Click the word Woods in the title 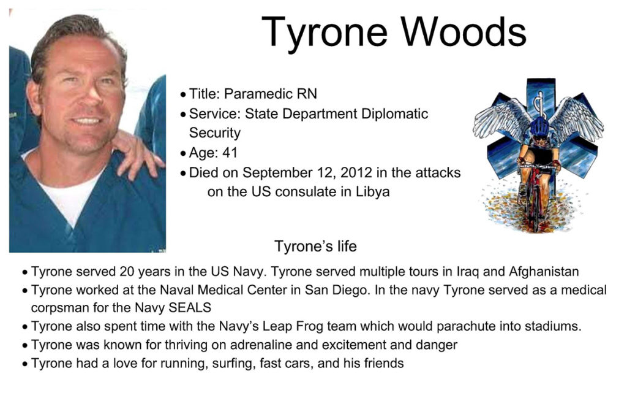(464, 32)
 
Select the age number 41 (230, 153)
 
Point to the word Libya (373, 192)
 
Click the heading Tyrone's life (315, 247)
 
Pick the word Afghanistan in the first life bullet (544, 272)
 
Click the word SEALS (190, 307)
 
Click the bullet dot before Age (183, 153)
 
